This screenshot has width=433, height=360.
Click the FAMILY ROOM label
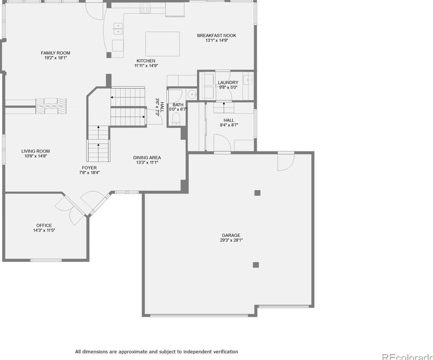click(x=55, y=53)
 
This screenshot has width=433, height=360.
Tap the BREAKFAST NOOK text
click(x=216, y=36)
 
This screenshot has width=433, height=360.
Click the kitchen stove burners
click(x=145, y=8)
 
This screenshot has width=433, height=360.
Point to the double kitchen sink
click(x=118, y=29)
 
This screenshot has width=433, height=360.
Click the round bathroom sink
click(x=192, y=95)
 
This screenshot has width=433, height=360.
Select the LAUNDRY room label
click(x=228, y=83)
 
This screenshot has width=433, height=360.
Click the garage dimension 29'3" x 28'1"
click(x=231, y=240)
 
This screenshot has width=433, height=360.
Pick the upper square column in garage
click(x=257, y=193)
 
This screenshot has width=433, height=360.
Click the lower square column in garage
click(x=256, y=265)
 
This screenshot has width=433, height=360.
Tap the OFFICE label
click(x=44, y=226)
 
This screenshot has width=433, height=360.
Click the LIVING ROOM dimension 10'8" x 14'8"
click(x=36, y=156)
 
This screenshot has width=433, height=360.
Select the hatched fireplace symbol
click(x=51, y=106)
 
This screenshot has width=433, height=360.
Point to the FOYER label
click(x=89, y=168)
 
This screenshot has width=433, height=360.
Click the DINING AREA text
click(x=147, y=158)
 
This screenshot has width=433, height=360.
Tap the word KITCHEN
click(x=146, y=61)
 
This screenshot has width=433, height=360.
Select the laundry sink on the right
click(x=248, y=80)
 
